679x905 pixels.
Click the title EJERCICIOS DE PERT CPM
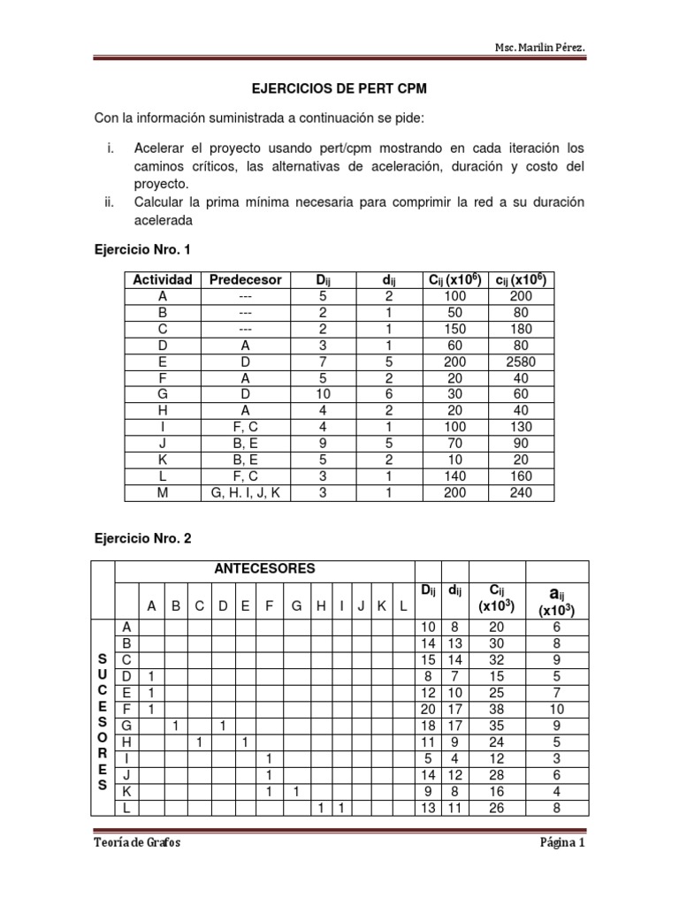[x=339, y=90]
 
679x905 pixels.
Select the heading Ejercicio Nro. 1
[x=141, y=250]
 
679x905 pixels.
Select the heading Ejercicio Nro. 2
[x=141, y=537]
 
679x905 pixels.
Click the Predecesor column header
[x=245, y=280]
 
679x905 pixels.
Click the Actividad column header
[x=162, y=280]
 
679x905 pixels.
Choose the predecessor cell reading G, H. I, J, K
[x=245, y=492]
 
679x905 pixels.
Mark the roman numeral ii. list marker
[x=110, y=202]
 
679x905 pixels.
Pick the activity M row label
[x=162, y=492]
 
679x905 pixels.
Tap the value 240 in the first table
[x=521, y=492]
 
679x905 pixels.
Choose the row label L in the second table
[x=126, y=806]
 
